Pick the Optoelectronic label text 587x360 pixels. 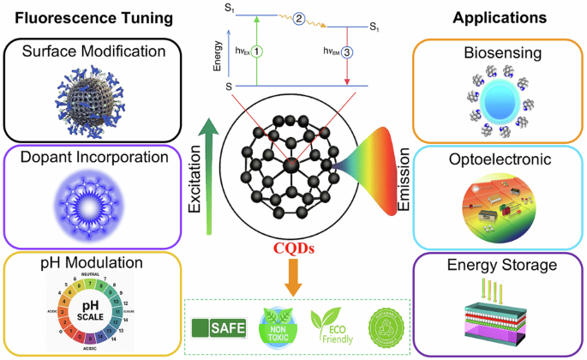pos(500,159)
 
